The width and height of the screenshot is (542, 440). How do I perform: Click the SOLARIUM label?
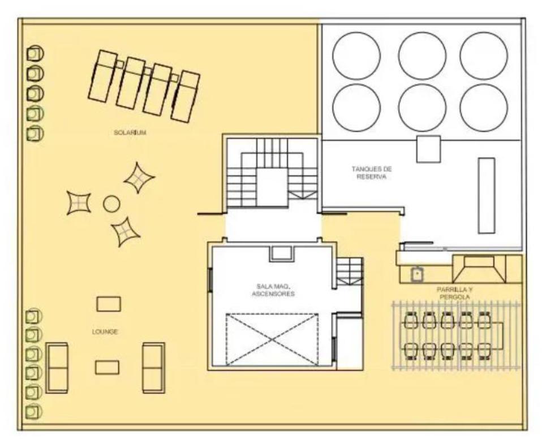[x=130, y=132]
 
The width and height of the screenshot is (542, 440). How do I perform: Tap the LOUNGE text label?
[x=105, y=332]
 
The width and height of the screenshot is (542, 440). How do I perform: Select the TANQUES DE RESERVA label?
[x=372, y=173]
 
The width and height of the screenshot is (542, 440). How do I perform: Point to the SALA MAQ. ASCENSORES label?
[x=273, y=290]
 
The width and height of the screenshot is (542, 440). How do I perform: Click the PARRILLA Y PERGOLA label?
[x=454, y=294]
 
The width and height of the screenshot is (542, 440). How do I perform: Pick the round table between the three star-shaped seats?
[x=111, y=204]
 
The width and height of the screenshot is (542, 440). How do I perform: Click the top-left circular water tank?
[x=356, y=56]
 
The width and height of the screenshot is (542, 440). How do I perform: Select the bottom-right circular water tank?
[x=484, y=108]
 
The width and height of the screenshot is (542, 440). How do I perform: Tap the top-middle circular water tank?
[x=422, y=56]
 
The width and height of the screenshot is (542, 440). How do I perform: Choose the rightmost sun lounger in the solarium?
[x=186, y=97]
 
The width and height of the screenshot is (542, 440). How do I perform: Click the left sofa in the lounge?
[x=57, y=368]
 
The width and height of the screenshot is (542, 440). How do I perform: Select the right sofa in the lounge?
[x=153, y=368]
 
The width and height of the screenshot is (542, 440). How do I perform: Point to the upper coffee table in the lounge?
[x=109, y=304]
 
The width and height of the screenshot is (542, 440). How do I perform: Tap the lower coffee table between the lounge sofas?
[x=107, y=367]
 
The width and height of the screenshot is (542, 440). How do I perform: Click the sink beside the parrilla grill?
[x=416, y=274]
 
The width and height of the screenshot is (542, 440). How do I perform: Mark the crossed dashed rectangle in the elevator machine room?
[x=272, y=339]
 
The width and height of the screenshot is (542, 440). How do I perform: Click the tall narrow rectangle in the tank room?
[x=487, y=196]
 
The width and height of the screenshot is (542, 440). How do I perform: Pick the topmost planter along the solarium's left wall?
[x=35, y=54]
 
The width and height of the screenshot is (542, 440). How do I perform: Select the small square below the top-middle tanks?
[x=428, y=149]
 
